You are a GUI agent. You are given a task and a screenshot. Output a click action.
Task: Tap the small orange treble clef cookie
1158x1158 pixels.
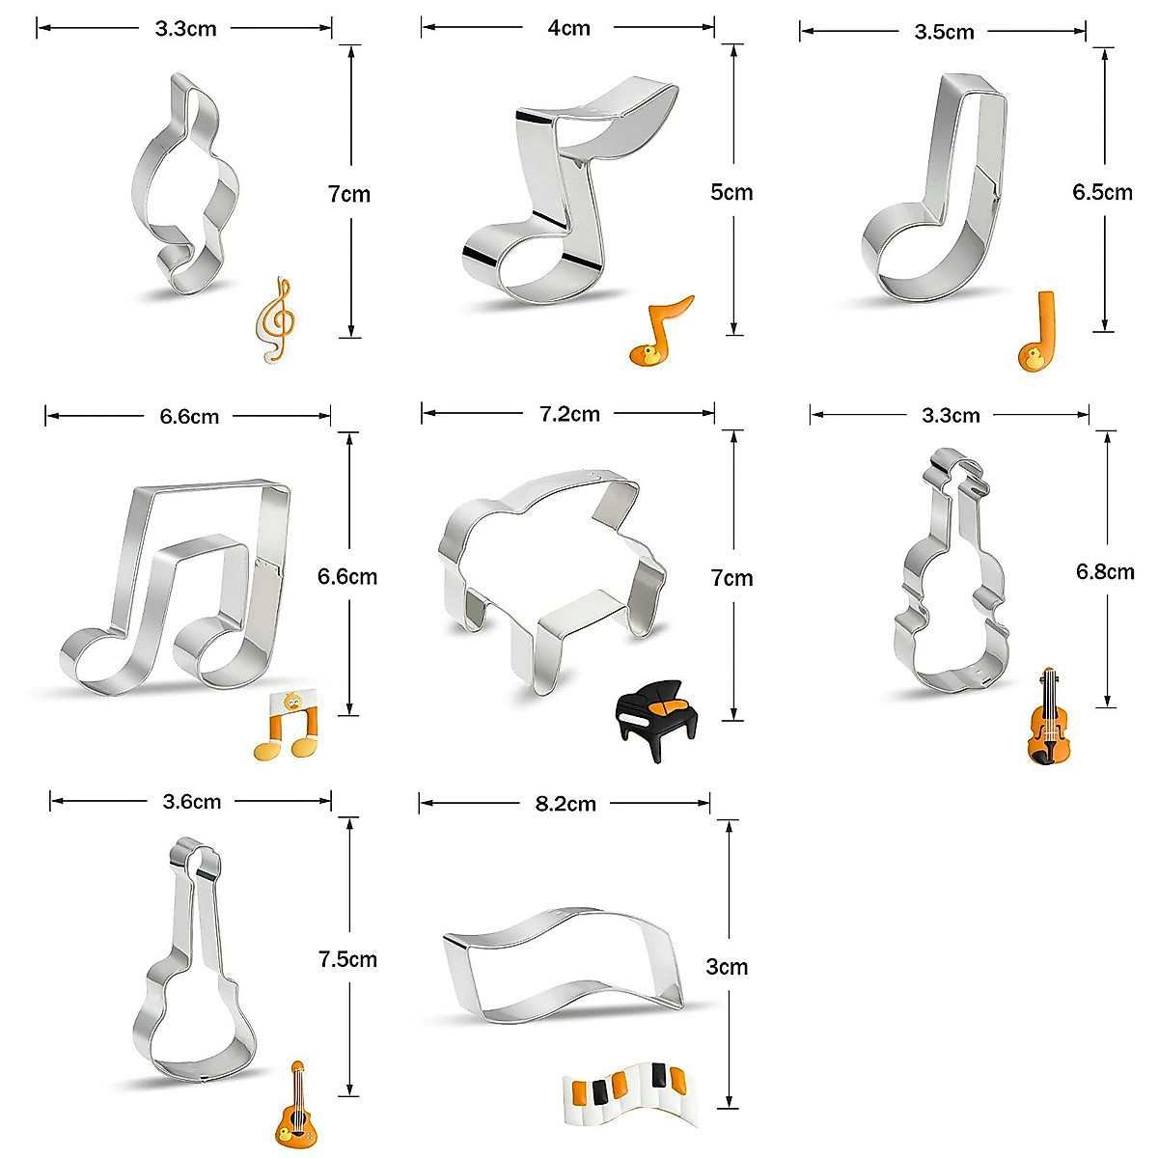tap(277, 320)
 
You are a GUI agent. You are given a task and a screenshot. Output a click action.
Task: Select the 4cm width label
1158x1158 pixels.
tap(568, 28)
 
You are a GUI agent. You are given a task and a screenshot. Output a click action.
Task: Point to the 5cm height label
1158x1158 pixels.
tap(731, 192)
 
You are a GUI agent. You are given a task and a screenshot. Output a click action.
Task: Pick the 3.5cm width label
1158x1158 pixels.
tap(944, 32)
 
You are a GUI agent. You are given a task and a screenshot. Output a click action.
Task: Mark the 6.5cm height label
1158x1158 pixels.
tap(1102, 192)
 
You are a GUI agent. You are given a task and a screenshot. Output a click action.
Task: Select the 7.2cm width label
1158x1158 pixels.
tap(569, 414)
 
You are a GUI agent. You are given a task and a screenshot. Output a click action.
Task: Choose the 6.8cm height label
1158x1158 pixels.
tap(1105, 572)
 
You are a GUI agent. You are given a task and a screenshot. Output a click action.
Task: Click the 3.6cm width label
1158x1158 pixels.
tap(189, 801)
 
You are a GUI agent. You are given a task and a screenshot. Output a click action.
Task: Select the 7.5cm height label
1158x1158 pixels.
tap(347, 959)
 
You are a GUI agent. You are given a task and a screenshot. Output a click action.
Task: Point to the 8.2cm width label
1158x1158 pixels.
tap(565, 803)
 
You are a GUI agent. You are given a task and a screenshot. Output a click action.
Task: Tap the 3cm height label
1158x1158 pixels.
tap(727, 967)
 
